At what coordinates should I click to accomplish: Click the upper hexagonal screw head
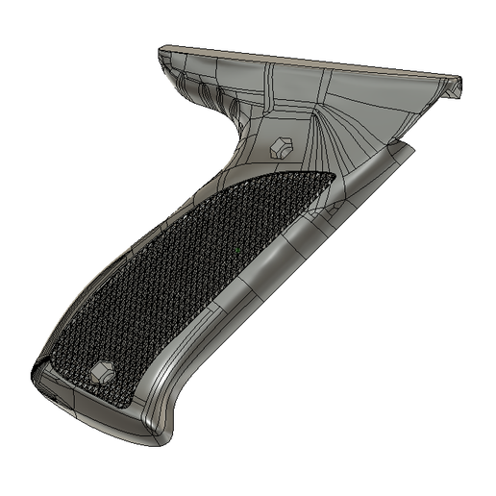(282, 146)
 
